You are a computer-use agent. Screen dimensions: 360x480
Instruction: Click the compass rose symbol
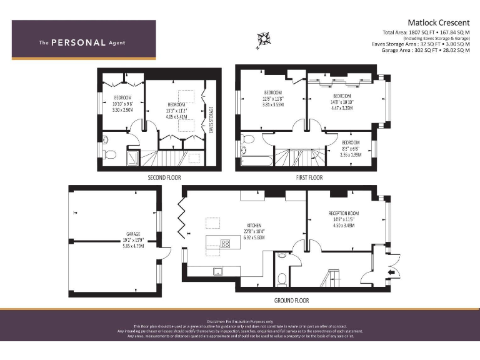point(263,39)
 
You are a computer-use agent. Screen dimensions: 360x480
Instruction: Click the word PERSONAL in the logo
point(78,43)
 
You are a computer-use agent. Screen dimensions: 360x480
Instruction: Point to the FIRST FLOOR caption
point(309,177)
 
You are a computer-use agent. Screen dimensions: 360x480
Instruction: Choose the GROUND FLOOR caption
point(291,300)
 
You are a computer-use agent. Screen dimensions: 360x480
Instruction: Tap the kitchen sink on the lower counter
point(217,271)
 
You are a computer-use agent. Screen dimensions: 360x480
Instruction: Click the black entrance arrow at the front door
point(392,272)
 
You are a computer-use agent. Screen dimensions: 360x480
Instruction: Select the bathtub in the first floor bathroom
point(257,162)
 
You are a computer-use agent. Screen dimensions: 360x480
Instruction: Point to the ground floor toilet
point(282,277)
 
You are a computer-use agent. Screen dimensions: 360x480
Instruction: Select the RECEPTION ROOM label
point(344,213)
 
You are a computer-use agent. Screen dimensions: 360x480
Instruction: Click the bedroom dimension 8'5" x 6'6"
point(351,149)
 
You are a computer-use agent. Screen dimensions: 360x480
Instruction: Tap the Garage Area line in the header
point(425,50)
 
